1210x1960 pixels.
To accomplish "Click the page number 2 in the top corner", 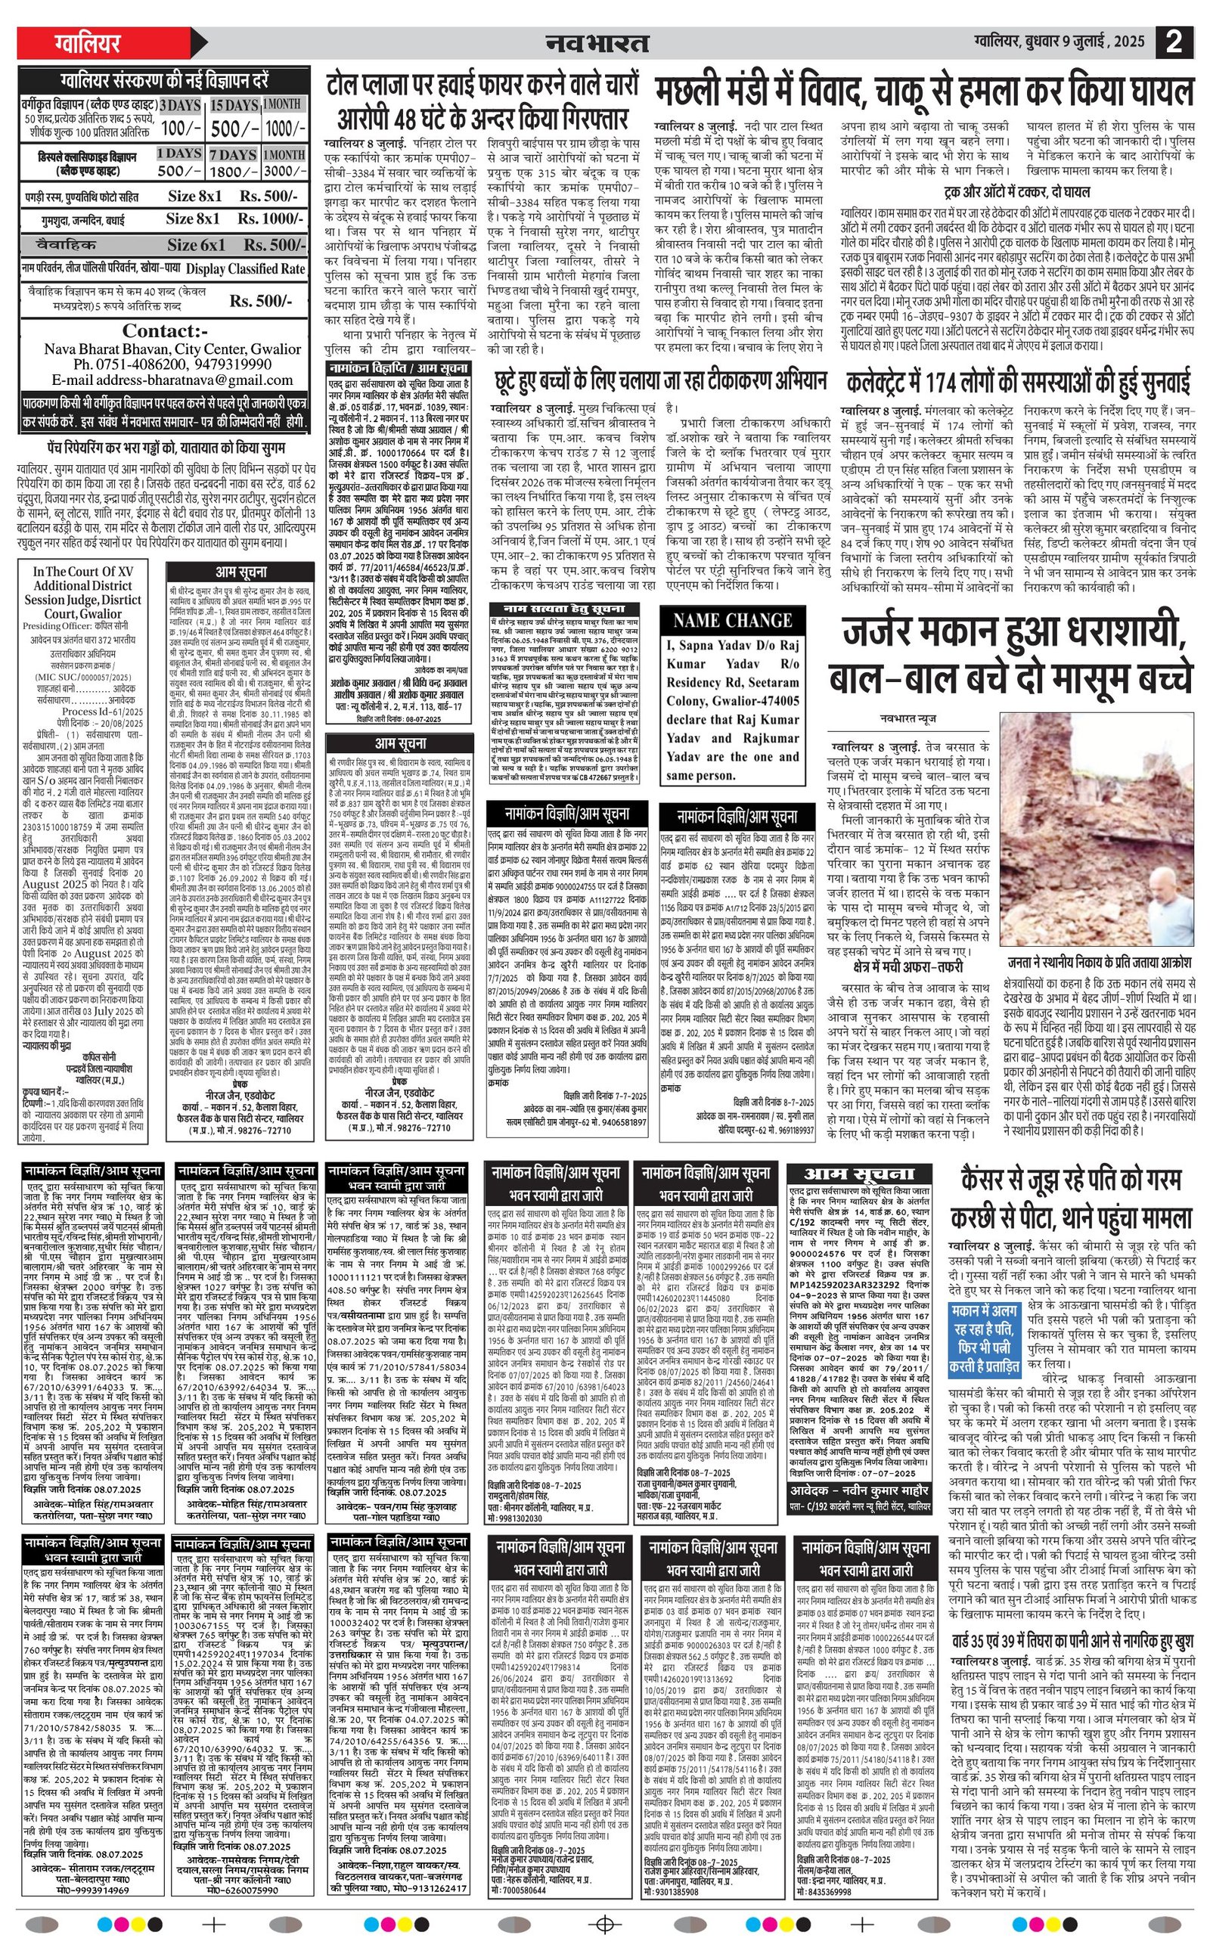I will [x=1173, y=42].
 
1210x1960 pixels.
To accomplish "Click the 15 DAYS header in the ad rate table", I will [x=234, y=105].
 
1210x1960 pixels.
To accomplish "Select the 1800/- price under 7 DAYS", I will [x=234, y=171].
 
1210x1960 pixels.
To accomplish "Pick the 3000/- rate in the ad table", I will [x=285, y=171].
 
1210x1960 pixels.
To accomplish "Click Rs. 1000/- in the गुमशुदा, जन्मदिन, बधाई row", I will [x=267, y=219].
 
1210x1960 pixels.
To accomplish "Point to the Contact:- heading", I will [x=165, y=330].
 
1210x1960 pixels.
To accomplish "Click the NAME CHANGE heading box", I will [x=732, y=620].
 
